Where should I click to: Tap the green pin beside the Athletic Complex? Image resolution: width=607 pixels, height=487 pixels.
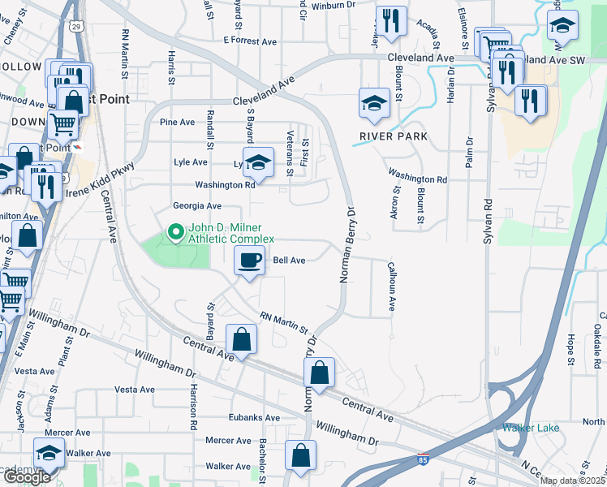pos(174,233)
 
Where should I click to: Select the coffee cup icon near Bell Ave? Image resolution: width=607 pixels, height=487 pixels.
pos(249,261)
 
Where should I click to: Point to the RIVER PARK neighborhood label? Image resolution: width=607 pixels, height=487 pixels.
pos(394,136)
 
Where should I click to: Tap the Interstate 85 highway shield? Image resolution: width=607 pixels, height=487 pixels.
pos(423,459)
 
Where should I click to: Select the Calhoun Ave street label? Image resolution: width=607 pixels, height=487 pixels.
pos(391,287)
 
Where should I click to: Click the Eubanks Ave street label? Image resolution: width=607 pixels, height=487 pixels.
pos(254,419)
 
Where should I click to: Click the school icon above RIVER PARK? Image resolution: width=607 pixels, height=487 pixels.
pos(373,103)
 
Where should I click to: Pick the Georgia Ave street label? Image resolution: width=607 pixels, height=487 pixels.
pos(196,206)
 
